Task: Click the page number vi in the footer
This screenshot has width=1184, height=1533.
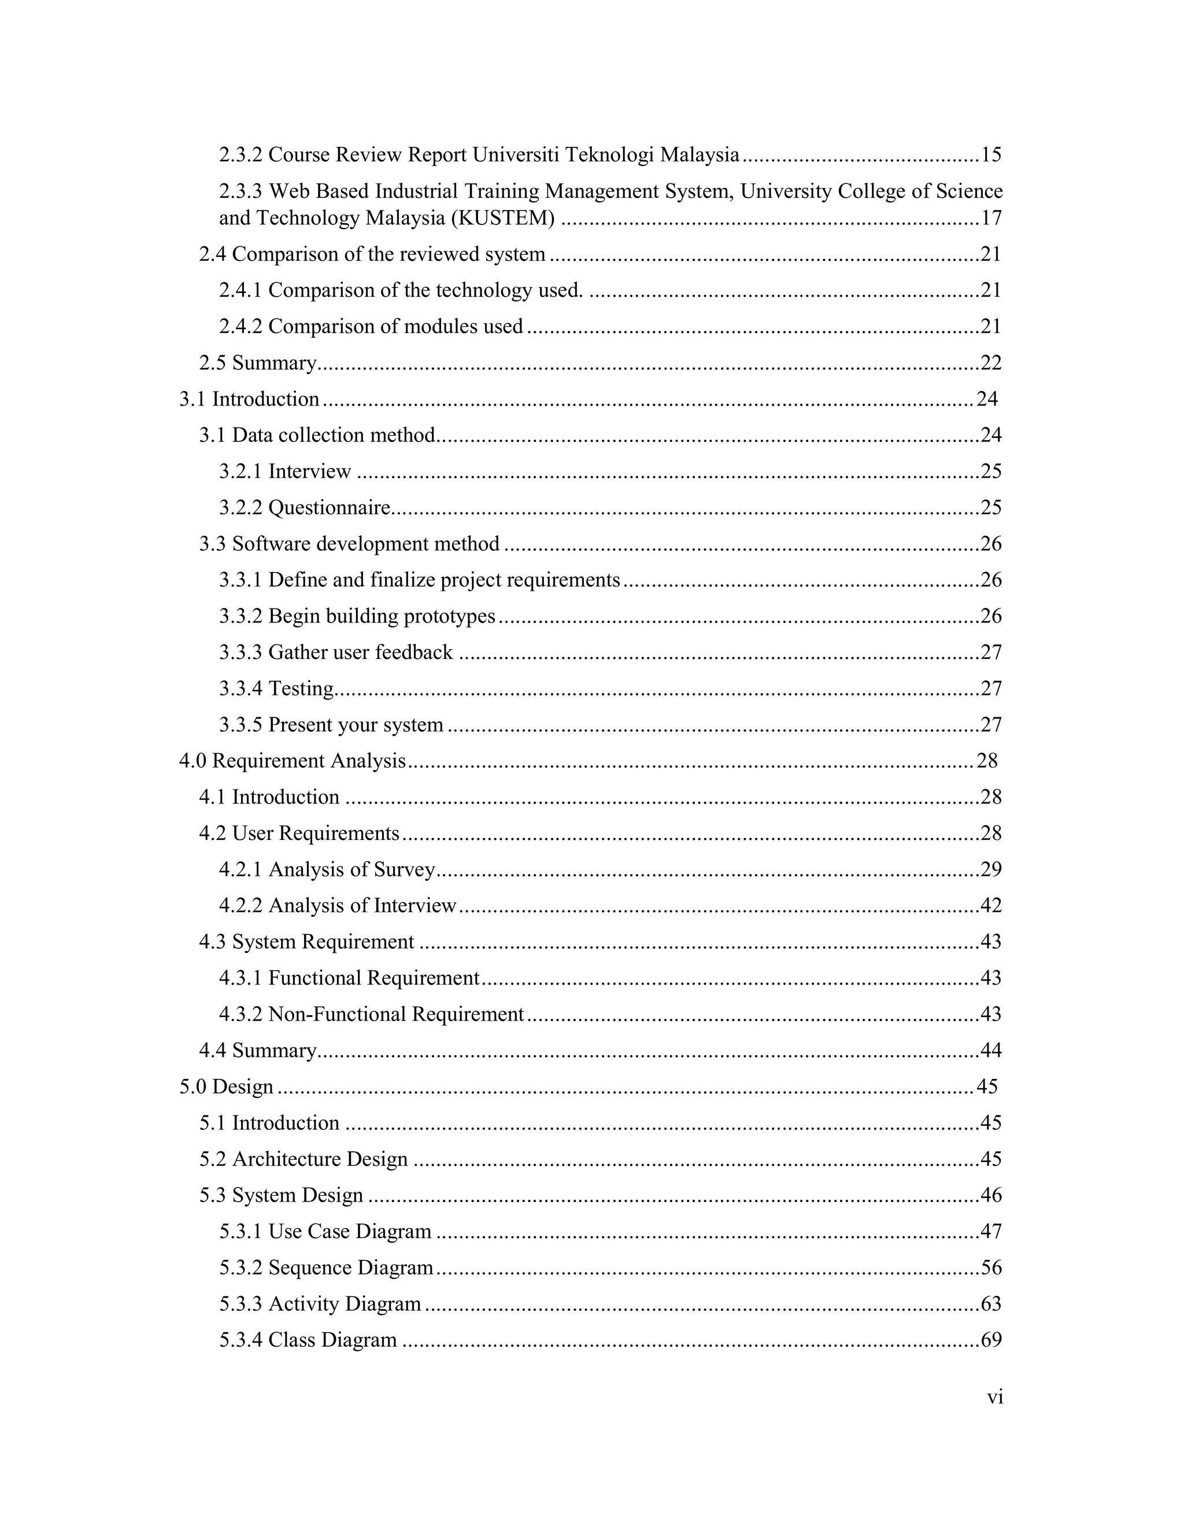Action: tap(994, 1398)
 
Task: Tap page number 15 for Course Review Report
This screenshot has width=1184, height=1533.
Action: tap(990, 154)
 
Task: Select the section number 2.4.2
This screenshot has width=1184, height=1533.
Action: tap(240, 326)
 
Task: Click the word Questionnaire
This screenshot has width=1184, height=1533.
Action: tap(329, 507)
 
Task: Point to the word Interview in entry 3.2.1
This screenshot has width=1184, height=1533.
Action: tap(309, 471)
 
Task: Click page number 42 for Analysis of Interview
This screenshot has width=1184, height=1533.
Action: tap(990, 905)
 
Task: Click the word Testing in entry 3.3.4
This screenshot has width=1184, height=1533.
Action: tap(301, 688)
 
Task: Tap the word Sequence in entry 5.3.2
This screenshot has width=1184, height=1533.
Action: tap(310, 1267)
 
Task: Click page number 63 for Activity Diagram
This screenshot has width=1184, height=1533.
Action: tap(990, 1304)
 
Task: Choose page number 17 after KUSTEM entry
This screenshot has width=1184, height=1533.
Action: tap(990, 218)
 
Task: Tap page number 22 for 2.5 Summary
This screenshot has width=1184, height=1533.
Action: tap(990, 363)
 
